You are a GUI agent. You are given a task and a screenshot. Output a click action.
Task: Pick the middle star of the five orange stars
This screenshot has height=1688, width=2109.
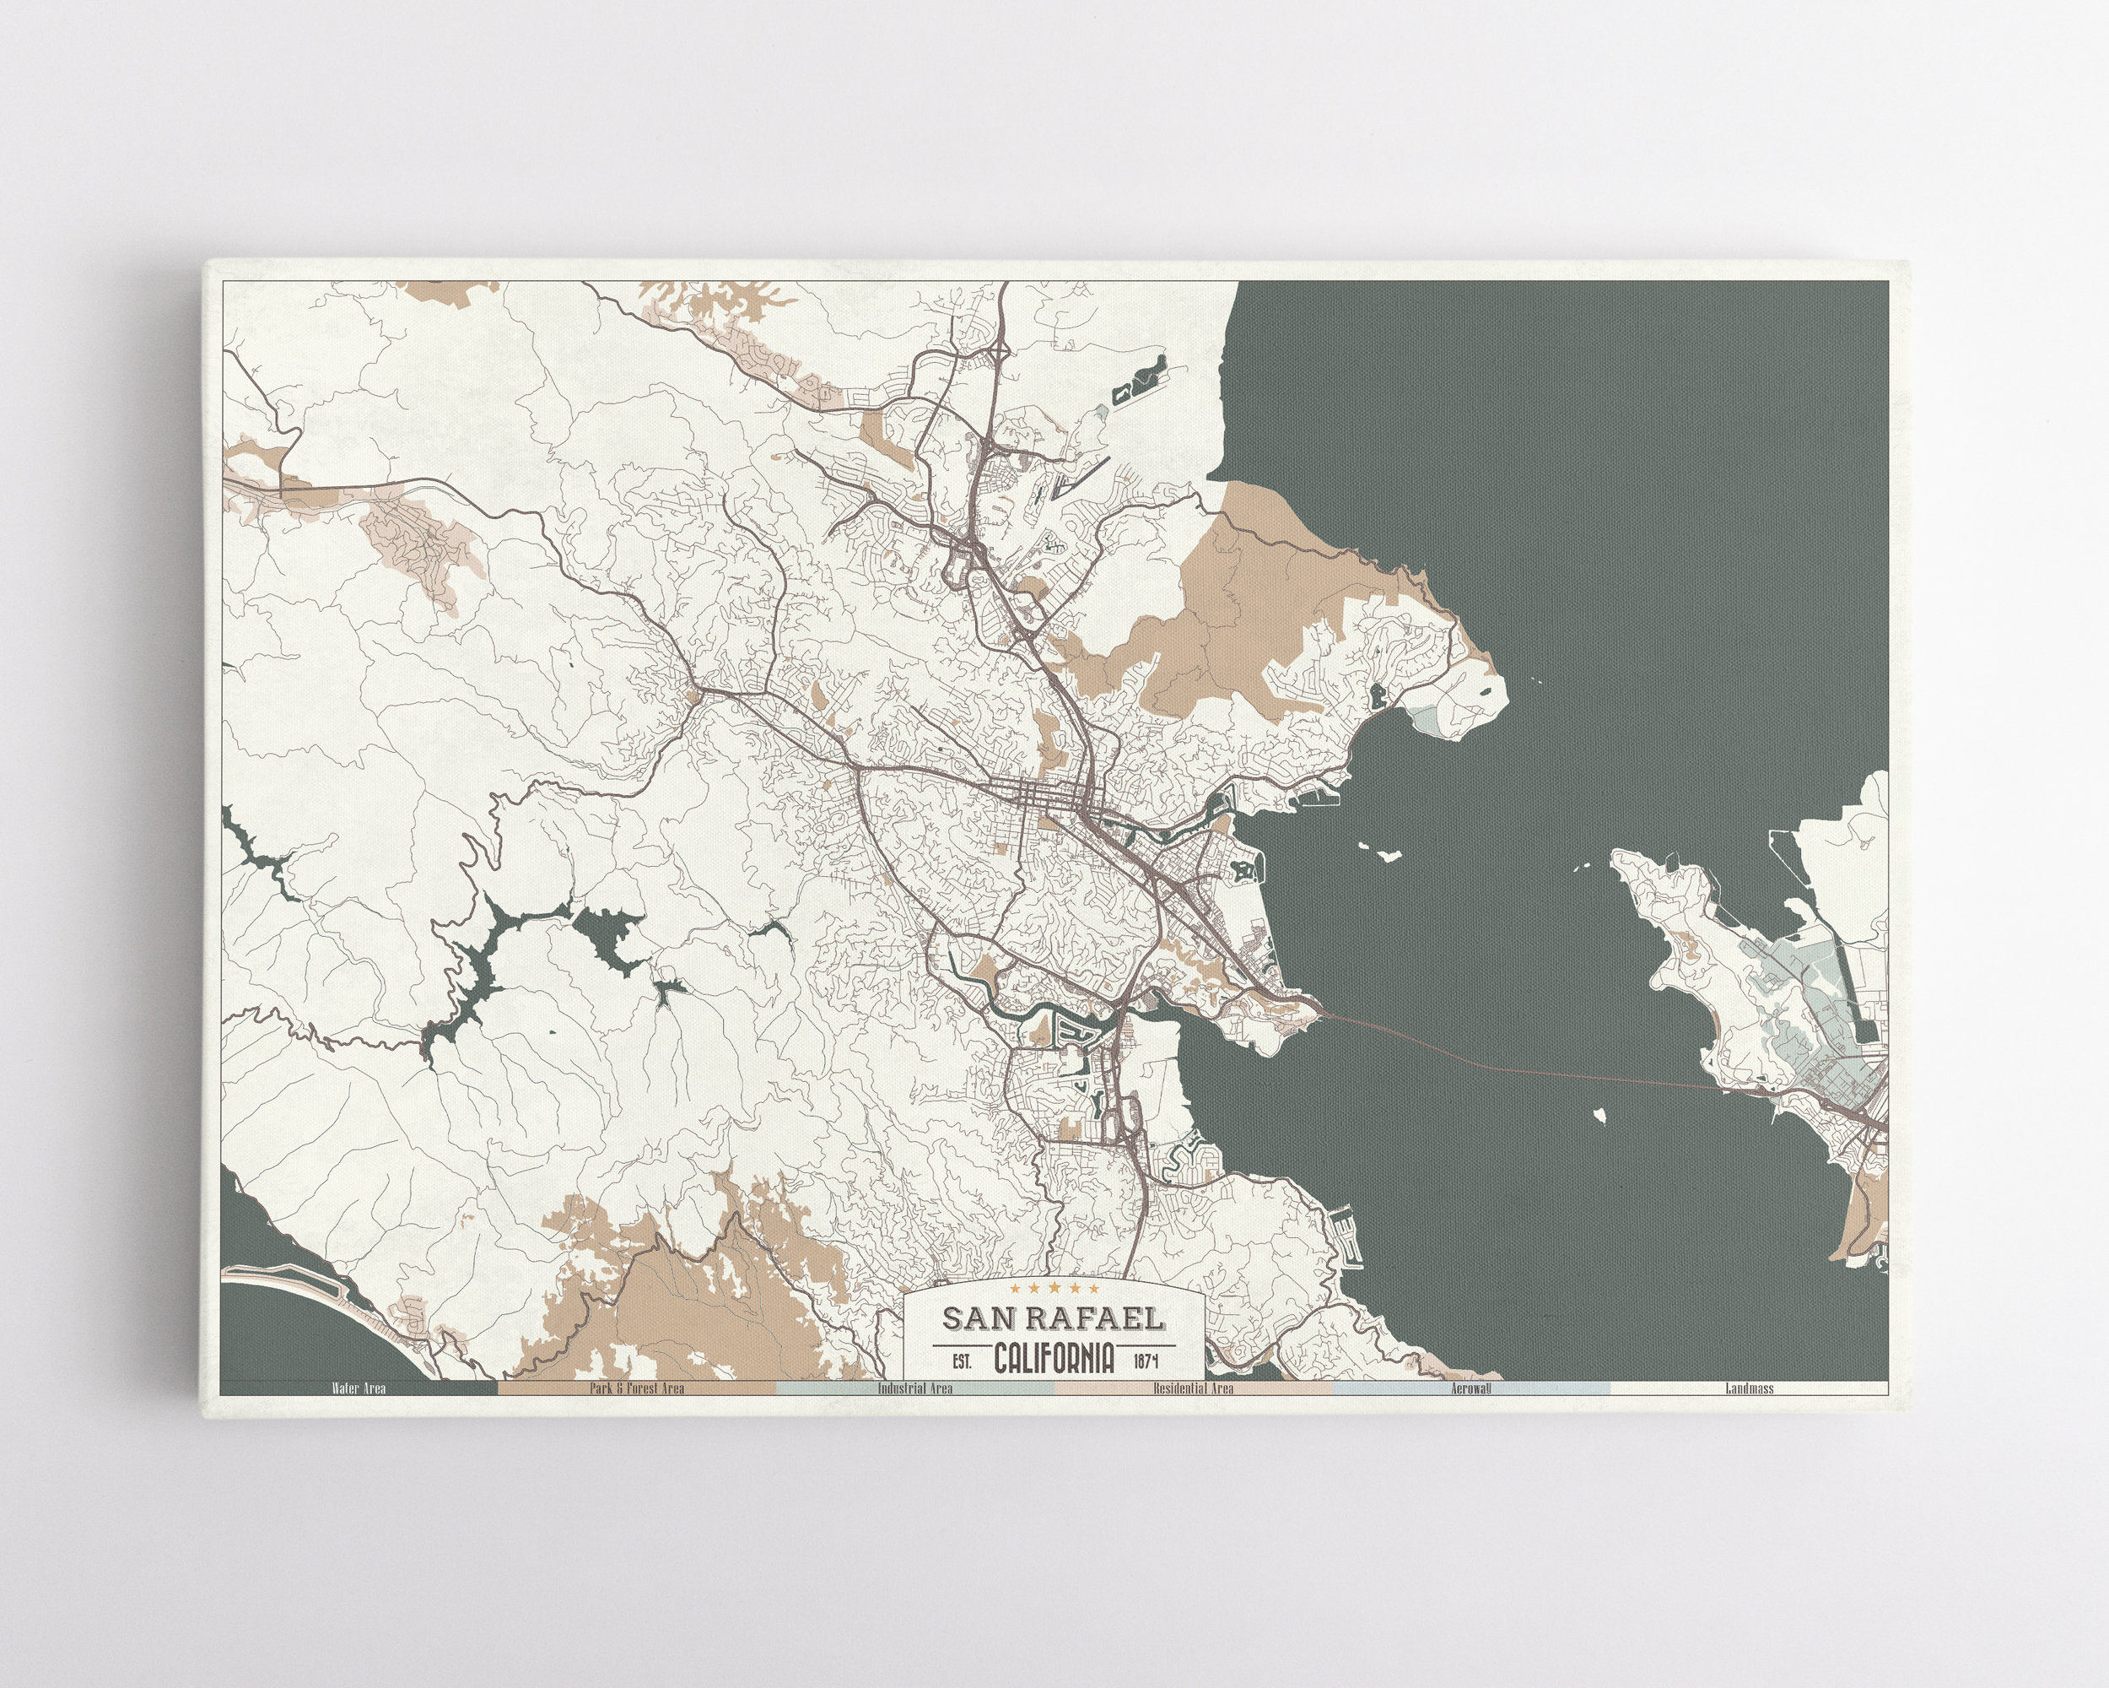[x=1054, y=1288]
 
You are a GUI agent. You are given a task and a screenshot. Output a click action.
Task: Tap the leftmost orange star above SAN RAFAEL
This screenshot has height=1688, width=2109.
[x=1017, y=1288]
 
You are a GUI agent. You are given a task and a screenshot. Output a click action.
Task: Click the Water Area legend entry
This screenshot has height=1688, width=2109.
[x=358, y=1388]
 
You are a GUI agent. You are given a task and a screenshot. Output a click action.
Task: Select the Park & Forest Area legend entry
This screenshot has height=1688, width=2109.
[x=636, y=1388]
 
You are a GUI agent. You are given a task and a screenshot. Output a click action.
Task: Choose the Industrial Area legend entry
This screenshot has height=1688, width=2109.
[x=914, y=1388]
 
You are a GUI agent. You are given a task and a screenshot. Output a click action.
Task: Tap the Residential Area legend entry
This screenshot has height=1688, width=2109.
[x=1192, y=1388]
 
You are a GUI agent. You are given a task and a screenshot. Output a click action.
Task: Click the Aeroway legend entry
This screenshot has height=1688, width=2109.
[x=1470, y=1388]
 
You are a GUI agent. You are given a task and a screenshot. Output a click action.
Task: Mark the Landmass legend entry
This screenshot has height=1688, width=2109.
[x=1749, y=1388]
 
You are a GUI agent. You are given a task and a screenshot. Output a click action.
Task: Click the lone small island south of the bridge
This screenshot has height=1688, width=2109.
[x=1601, y=1113]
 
